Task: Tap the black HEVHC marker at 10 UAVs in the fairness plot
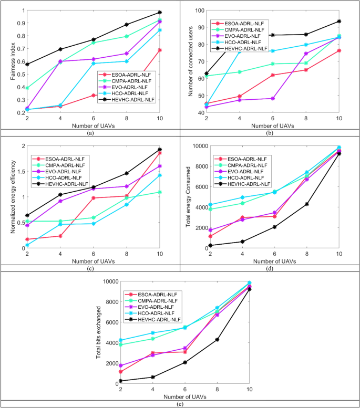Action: click(x=160, y=12)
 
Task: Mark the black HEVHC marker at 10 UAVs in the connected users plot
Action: click(x=339, y=22)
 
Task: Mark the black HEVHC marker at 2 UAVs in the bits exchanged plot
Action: click(x=121, y=381)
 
